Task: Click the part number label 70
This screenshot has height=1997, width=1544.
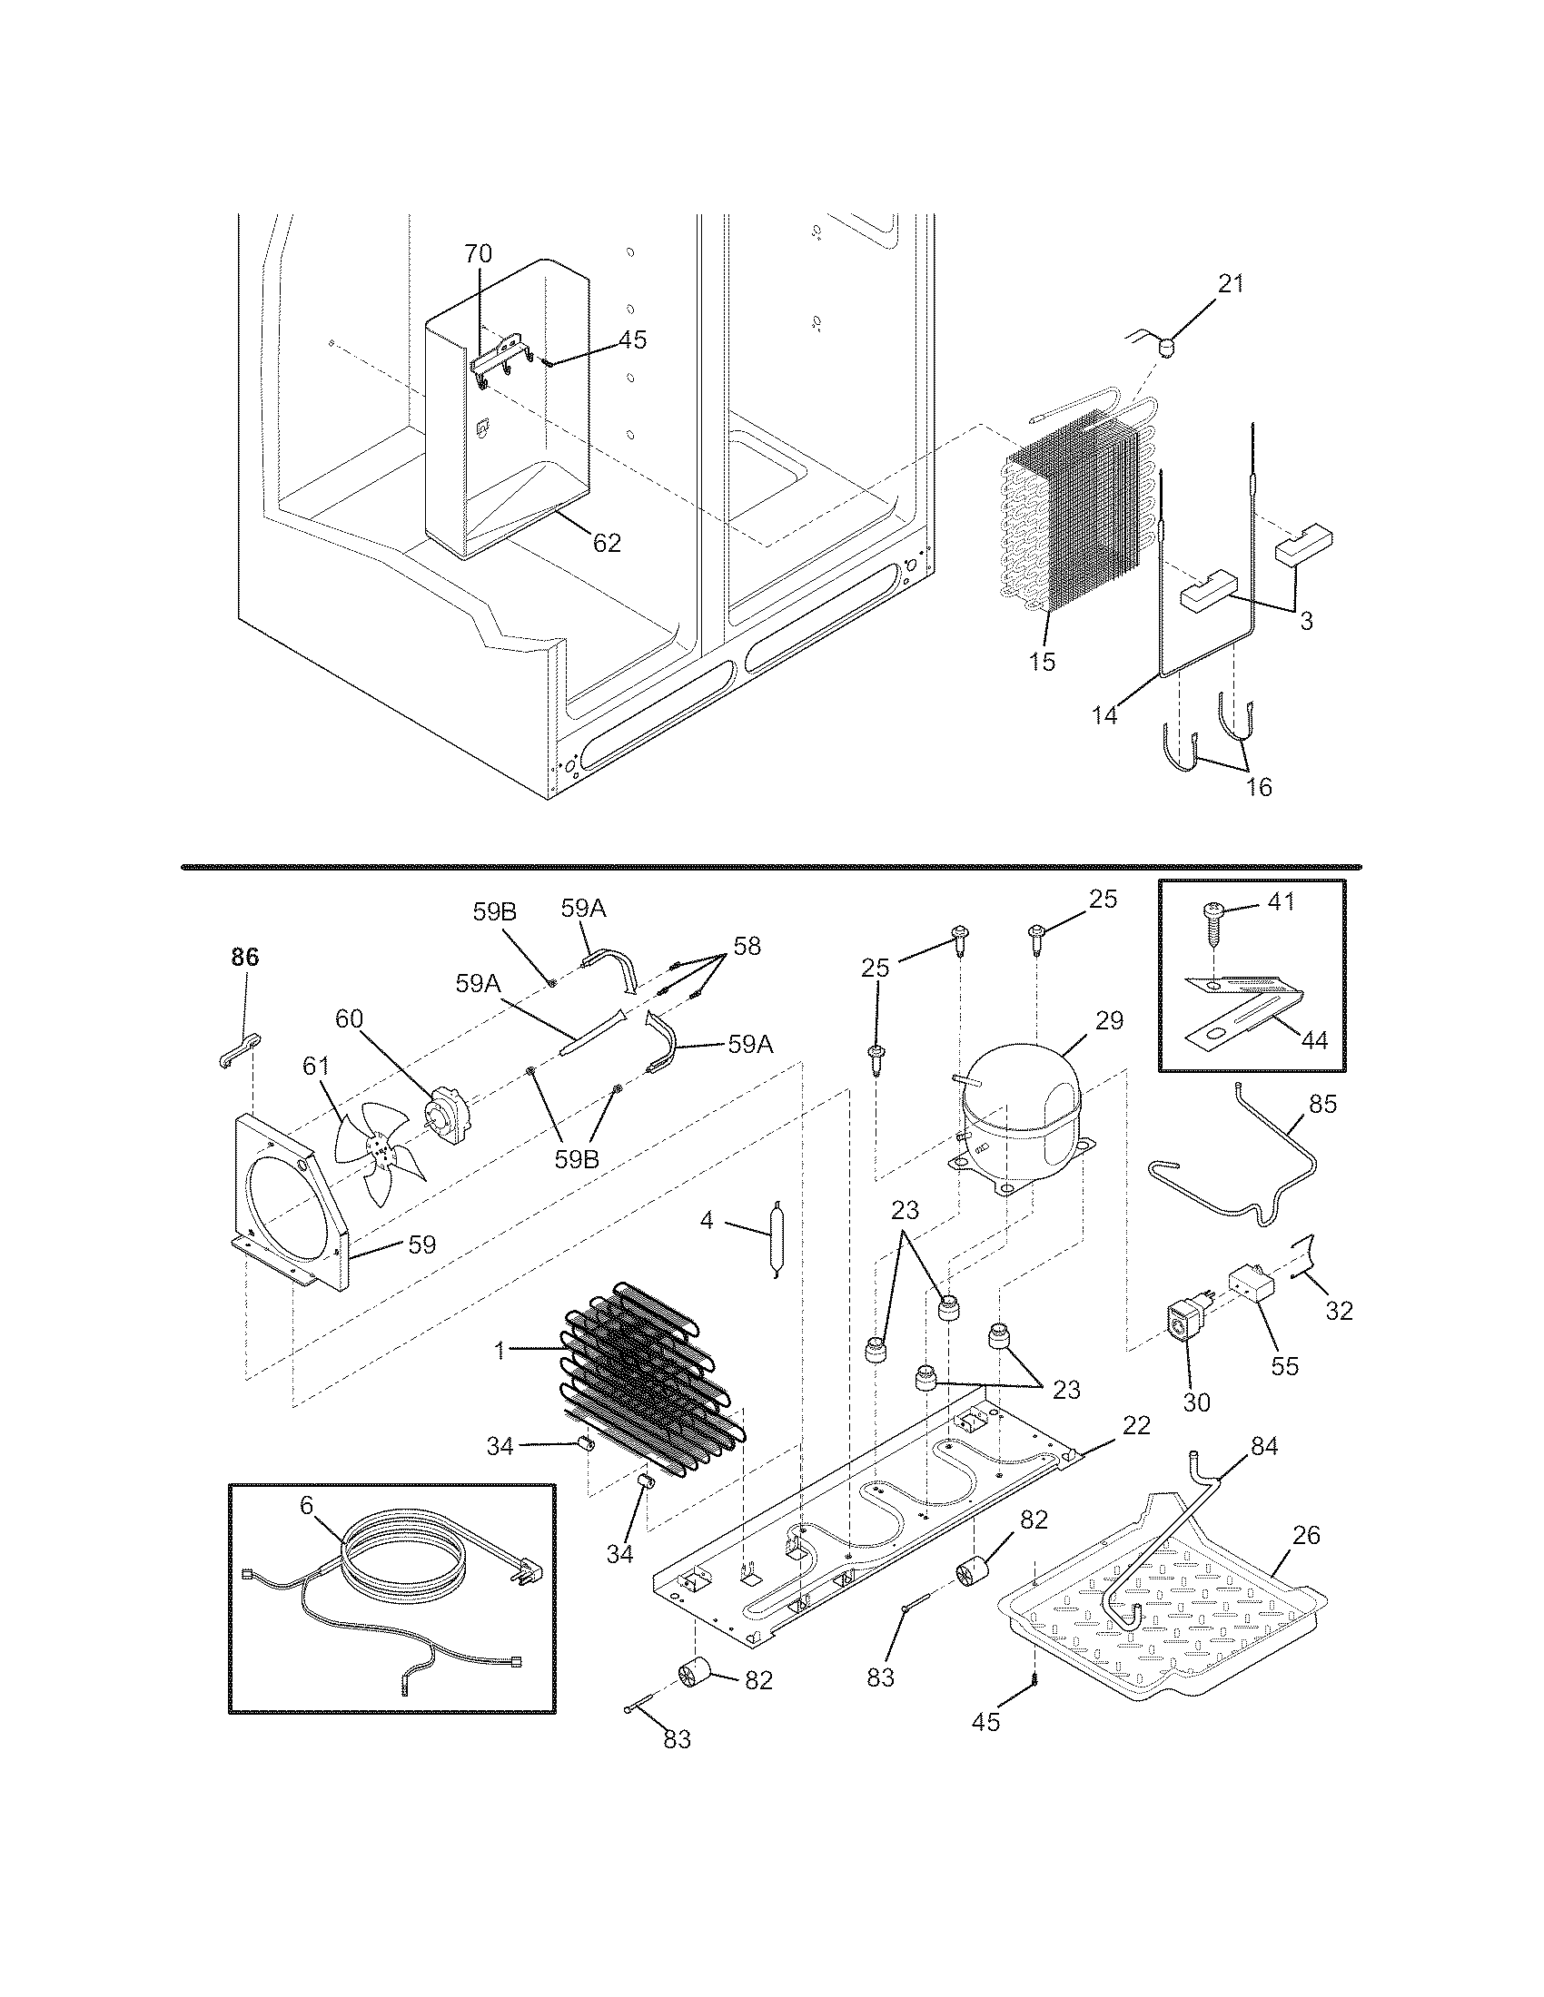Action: [478, 253]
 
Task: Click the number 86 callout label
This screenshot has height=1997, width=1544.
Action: [244, 958]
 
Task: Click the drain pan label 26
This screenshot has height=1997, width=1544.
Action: [1306, 1535]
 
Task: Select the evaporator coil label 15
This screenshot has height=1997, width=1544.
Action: [1042, 661]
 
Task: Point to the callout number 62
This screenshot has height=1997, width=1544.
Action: [607, 543]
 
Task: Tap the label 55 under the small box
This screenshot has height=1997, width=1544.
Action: [1284, 1365]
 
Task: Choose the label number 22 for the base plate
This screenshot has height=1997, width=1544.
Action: [1136, 1425]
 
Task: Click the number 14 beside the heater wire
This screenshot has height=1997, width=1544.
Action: [1105, 715]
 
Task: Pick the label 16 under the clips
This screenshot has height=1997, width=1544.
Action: [1260, 786]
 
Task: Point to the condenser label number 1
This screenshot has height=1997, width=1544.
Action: [500, 1350]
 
